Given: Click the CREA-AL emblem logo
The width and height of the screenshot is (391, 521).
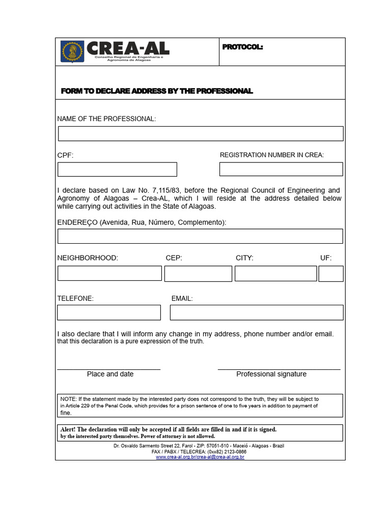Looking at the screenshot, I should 72,51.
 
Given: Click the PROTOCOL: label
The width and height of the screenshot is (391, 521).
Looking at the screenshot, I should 242,47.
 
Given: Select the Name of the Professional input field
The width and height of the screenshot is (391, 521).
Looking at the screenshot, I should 201,134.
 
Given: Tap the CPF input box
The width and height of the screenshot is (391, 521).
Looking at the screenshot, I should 117,169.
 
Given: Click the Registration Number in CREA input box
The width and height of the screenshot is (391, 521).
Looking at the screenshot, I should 281,169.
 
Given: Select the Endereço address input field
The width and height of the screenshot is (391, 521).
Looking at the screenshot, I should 200,236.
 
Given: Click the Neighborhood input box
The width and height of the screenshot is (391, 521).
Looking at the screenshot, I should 109,273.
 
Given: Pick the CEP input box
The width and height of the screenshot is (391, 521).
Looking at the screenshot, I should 198,273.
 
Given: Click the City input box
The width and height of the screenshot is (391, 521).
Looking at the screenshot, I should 275,273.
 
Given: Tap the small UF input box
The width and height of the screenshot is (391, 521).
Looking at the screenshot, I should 331,273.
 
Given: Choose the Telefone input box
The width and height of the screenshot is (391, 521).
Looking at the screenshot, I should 109,312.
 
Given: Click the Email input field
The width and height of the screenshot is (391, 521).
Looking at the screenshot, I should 257,312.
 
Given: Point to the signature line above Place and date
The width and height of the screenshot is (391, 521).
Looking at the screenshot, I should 108,369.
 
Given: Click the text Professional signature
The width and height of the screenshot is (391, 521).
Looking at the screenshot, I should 271,374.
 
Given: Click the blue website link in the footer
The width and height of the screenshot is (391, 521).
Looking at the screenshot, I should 200,457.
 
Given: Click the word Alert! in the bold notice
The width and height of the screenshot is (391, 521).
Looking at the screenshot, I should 68,429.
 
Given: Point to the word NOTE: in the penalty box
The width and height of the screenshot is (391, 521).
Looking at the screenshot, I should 68,399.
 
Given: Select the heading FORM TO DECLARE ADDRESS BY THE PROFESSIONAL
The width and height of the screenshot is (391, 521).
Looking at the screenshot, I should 157,91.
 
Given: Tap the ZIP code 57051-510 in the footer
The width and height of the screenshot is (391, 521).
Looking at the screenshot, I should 217,446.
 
